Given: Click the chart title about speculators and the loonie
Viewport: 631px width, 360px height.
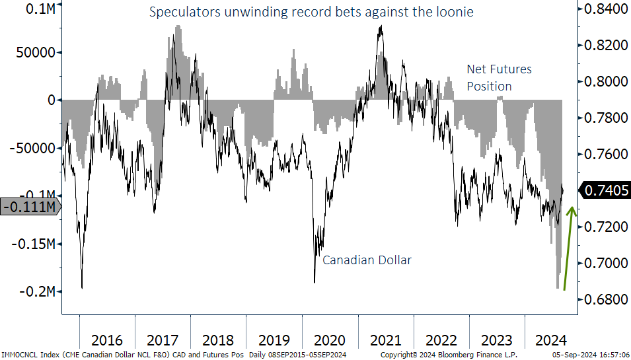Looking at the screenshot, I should point(311,13).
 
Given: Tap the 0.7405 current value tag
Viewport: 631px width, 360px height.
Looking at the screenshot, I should point(604,190).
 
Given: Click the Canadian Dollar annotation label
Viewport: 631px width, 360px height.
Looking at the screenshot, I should point(367,260).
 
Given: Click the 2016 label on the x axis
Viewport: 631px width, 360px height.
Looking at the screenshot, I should point(107,340).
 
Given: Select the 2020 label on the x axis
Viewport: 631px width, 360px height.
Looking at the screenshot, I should point(330,340).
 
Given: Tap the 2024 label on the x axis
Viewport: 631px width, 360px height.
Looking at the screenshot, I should point(552,340).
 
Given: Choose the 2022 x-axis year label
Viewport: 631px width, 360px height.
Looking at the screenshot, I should point(441,340).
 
